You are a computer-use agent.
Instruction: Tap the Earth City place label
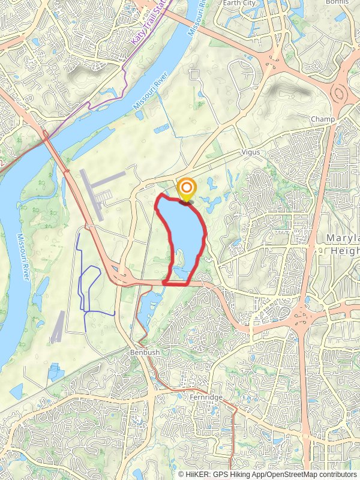[239, 3]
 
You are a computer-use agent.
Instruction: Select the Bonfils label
[338, 2]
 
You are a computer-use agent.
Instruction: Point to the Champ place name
[323, 119]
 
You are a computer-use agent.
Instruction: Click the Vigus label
[251, 152]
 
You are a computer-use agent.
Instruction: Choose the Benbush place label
[145, 353]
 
